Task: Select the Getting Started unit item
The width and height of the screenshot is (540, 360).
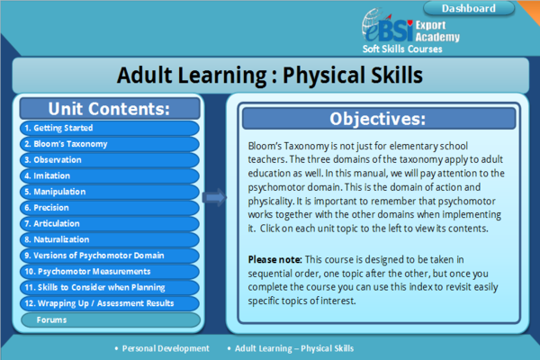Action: tap(108, 128)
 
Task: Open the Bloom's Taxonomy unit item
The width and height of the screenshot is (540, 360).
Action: tap(108, 144)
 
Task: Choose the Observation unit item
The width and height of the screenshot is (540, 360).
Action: tap(108, 160)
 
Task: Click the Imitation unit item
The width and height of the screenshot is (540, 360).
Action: tap(108, 175)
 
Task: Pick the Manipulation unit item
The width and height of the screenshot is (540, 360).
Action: tap(108, 192)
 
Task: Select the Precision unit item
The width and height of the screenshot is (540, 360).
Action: tap(108, 207)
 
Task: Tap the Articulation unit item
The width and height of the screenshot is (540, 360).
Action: tap(108, 223)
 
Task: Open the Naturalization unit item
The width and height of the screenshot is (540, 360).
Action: tap(108, 239)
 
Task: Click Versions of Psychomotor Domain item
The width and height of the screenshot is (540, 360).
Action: tap(108, 255)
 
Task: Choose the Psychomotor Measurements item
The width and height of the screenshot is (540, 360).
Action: tap(108, 271)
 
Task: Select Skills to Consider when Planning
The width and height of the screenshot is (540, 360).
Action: tap(108, 287)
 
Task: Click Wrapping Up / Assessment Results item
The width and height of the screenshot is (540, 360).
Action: tap(108, 303)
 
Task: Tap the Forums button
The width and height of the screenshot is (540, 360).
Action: tap(108, 319)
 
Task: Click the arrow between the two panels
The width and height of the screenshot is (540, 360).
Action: tap(214, 197)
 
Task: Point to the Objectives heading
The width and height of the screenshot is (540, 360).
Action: tap(377, 119)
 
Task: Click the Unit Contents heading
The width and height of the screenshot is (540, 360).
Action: tap(109, 109)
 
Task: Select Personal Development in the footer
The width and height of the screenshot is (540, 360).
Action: tap(166, 348)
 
